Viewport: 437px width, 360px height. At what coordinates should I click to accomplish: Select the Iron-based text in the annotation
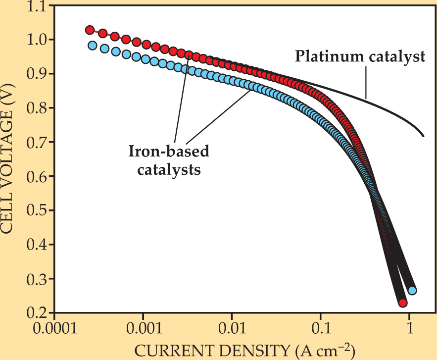(x=169, y=152)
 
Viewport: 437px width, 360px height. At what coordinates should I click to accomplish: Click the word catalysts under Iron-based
(x=169, y=169)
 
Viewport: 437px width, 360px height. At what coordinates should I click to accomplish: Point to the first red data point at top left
(x=90, y=30)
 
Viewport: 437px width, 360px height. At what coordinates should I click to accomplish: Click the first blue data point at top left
(x=92, y=46)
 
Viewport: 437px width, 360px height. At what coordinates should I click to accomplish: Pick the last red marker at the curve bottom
(x=403, y=303)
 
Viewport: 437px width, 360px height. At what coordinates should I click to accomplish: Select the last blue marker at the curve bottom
(x=412, y=290)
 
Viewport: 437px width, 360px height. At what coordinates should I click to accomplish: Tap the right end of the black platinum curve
(x=424, y=135)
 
